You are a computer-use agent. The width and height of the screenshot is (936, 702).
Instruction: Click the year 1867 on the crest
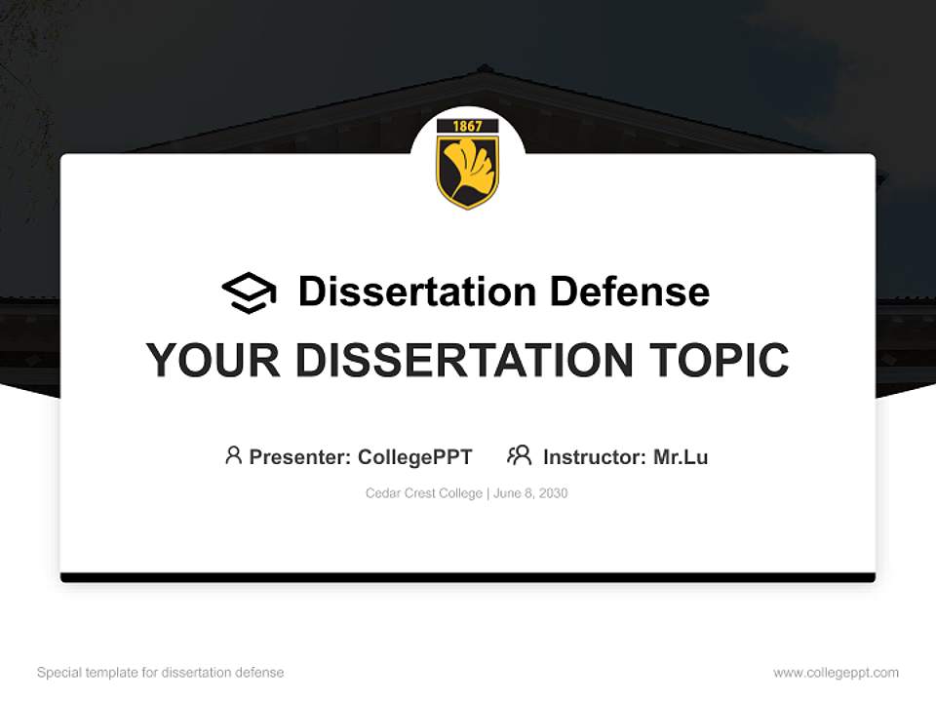[468, 126]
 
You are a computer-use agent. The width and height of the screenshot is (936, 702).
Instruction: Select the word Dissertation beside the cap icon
[416, 292]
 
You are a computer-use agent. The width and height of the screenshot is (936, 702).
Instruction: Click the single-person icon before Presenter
[233, 455]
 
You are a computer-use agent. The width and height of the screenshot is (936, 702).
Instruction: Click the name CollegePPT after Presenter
[414, 456]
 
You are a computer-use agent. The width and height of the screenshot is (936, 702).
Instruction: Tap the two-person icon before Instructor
[520, 455]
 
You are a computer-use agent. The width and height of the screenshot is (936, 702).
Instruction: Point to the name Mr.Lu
[681, 456]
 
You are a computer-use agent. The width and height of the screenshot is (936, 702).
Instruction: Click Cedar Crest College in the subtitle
[424, 493]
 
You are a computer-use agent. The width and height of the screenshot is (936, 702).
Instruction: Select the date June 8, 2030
[530, 493]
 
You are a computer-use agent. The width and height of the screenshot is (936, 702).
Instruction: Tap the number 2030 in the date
[553, 493]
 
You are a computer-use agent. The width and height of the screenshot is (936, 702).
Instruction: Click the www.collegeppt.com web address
[836, 673]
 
